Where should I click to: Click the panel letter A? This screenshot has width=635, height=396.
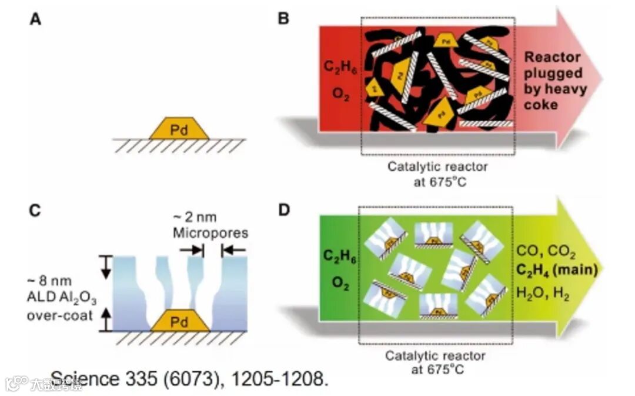36,19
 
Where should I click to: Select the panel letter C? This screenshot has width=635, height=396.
36,209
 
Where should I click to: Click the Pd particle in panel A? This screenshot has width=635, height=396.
179,129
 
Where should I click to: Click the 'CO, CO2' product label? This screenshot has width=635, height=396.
546,251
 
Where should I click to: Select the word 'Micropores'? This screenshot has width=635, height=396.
210,233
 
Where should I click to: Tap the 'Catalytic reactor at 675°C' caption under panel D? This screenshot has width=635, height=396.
435,362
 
